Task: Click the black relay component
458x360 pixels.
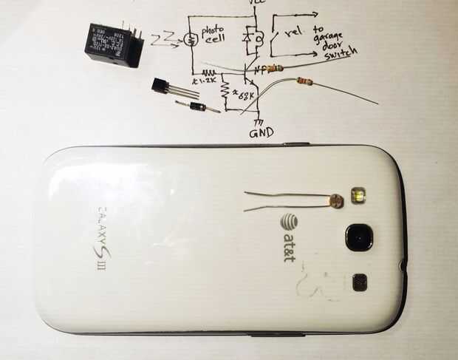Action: [112, 44]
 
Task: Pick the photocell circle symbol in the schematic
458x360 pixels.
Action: [189, 37]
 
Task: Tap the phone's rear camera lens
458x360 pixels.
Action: [359, 237]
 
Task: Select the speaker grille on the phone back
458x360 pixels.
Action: [360, 281]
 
